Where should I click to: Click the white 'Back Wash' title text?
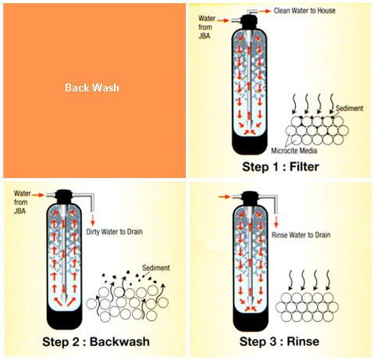[x=92, y=87]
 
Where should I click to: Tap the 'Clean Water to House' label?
[x=305, y=11]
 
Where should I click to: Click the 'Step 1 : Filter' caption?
[x=280, y=166]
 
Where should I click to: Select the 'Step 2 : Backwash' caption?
[x=96, y=341]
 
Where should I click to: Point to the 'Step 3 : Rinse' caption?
[x=280, y=341]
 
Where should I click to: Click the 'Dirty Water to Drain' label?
[x=114, y=232]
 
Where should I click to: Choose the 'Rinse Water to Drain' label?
[x=301, y=235]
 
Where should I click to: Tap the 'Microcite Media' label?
[x=294, y=151]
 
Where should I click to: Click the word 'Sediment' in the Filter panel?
[x=349, y=109]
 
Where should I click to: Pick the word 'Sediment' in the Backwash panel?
[x=156, y=268]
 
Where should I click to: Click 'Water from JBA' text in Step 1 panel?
[x=207, y=27]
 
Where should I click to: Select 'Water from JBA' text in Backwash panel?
[x=22, y=202]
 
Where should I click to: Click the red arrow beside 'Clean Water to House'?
[x=265, y=11]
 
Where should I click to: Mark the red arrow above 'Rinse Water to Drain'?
[x=276, y=221]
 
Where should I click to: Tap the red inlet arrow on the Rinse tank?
[x=224, y=197]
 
